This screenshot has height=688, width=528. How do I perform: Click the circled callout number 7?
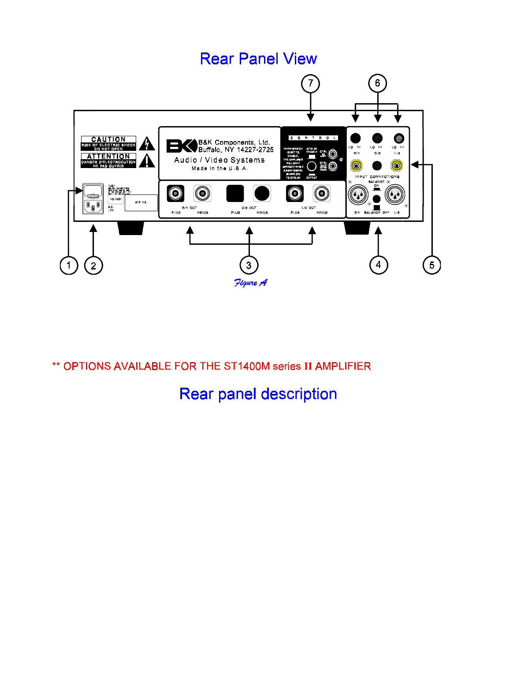tap(311, 83)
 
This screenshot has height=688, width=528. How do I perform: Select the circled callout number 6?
tap(378, 83)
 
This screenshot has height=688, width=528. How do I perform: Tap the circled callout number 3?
tap(249, 265)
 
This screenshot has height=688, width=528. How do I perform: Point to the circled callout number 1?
tap(69, 265)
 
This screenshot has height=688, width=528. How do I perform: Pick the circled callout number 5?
tap(432, 265)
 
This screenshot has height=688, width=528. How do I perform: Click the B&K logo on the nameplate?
tap(181, 146)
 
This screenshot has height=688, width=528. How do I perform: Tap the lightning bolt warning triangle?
tap(147, 144)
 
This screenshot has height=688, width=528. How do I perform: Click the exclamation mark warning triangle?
tap(147, 161)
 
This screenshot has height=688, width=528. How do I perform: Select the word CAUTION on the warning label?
tap(108, 139)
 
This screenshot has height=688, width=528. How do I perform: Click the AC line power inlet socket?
tap(93, 206)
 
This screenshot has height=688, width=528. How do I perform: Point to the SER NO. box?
tap(141, 202)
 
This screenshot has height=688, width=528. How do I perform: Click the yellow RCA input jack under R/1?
tap(356, 165)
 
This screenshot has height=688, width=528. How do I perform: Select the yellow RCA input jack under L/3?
tap(397, 165)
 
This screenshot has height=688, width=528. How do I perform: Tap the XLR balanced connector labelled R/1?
tap(358, 194)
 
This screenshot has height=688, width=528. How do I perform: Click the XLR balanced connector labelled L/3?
tap(395, 194)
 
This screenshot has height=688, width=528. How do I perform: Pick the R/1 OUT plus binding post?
tap(175, 193)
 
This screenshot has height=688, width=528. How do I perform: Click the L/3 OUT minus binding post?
tap(322, 193)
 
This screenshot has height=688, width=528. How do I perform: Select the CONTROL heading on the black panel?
tap(313, 138)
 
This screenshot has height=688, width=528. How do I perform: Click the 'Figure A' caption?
tap(250, 283)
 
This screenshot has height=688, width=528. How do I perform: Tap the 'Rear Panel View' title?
tap(258, 59)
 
